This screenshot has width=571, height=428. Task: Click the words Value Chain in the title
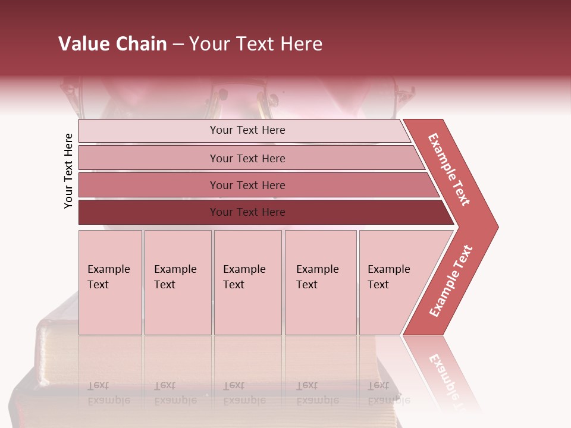[x=112, y=44]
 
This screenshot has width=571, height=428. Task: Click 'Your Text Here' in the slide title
[x=256, y=44]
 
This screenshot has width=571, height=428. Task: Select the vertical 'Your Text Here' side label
[x=68, y=171]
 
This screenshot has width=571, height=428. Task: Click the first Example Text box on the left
[x=110, y=282]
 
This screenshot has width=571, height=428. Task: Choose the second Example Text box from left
[x=178, y=282]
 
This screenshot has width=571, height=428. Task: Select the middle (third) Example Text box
[x=247, y=282]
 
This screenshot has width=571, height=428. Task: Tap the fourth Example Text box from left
[x=321, y=282]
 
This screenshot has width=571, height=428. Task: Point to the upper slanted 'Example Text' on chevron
[x=449, y=169]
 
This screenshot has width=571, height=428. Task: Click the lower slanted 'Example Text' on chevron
[x=451, y=281]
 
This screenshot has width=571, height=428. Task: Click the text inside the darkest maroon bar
[x=247, y=212]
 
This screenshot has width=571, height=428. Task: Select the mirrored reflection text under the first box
[x=108, y=393]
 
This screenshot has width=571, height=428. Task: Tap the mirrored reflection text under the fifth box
[x=388, y=393]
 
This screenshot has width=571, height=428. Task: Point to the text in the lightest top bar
[x=247, y=130]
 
